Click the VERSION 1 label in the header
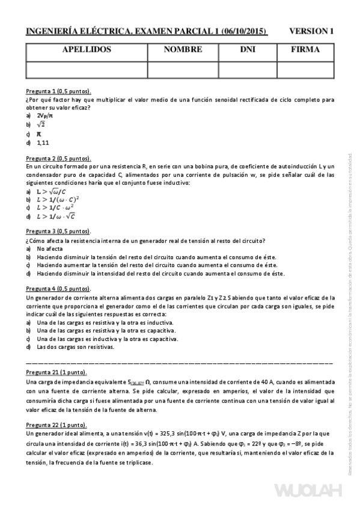(x=311, y=31)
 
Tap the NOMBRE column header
(x=182, y=51)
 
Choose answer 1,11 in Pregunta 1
(x=43, y=143)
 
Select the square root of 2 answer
(x=41, y=124)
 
